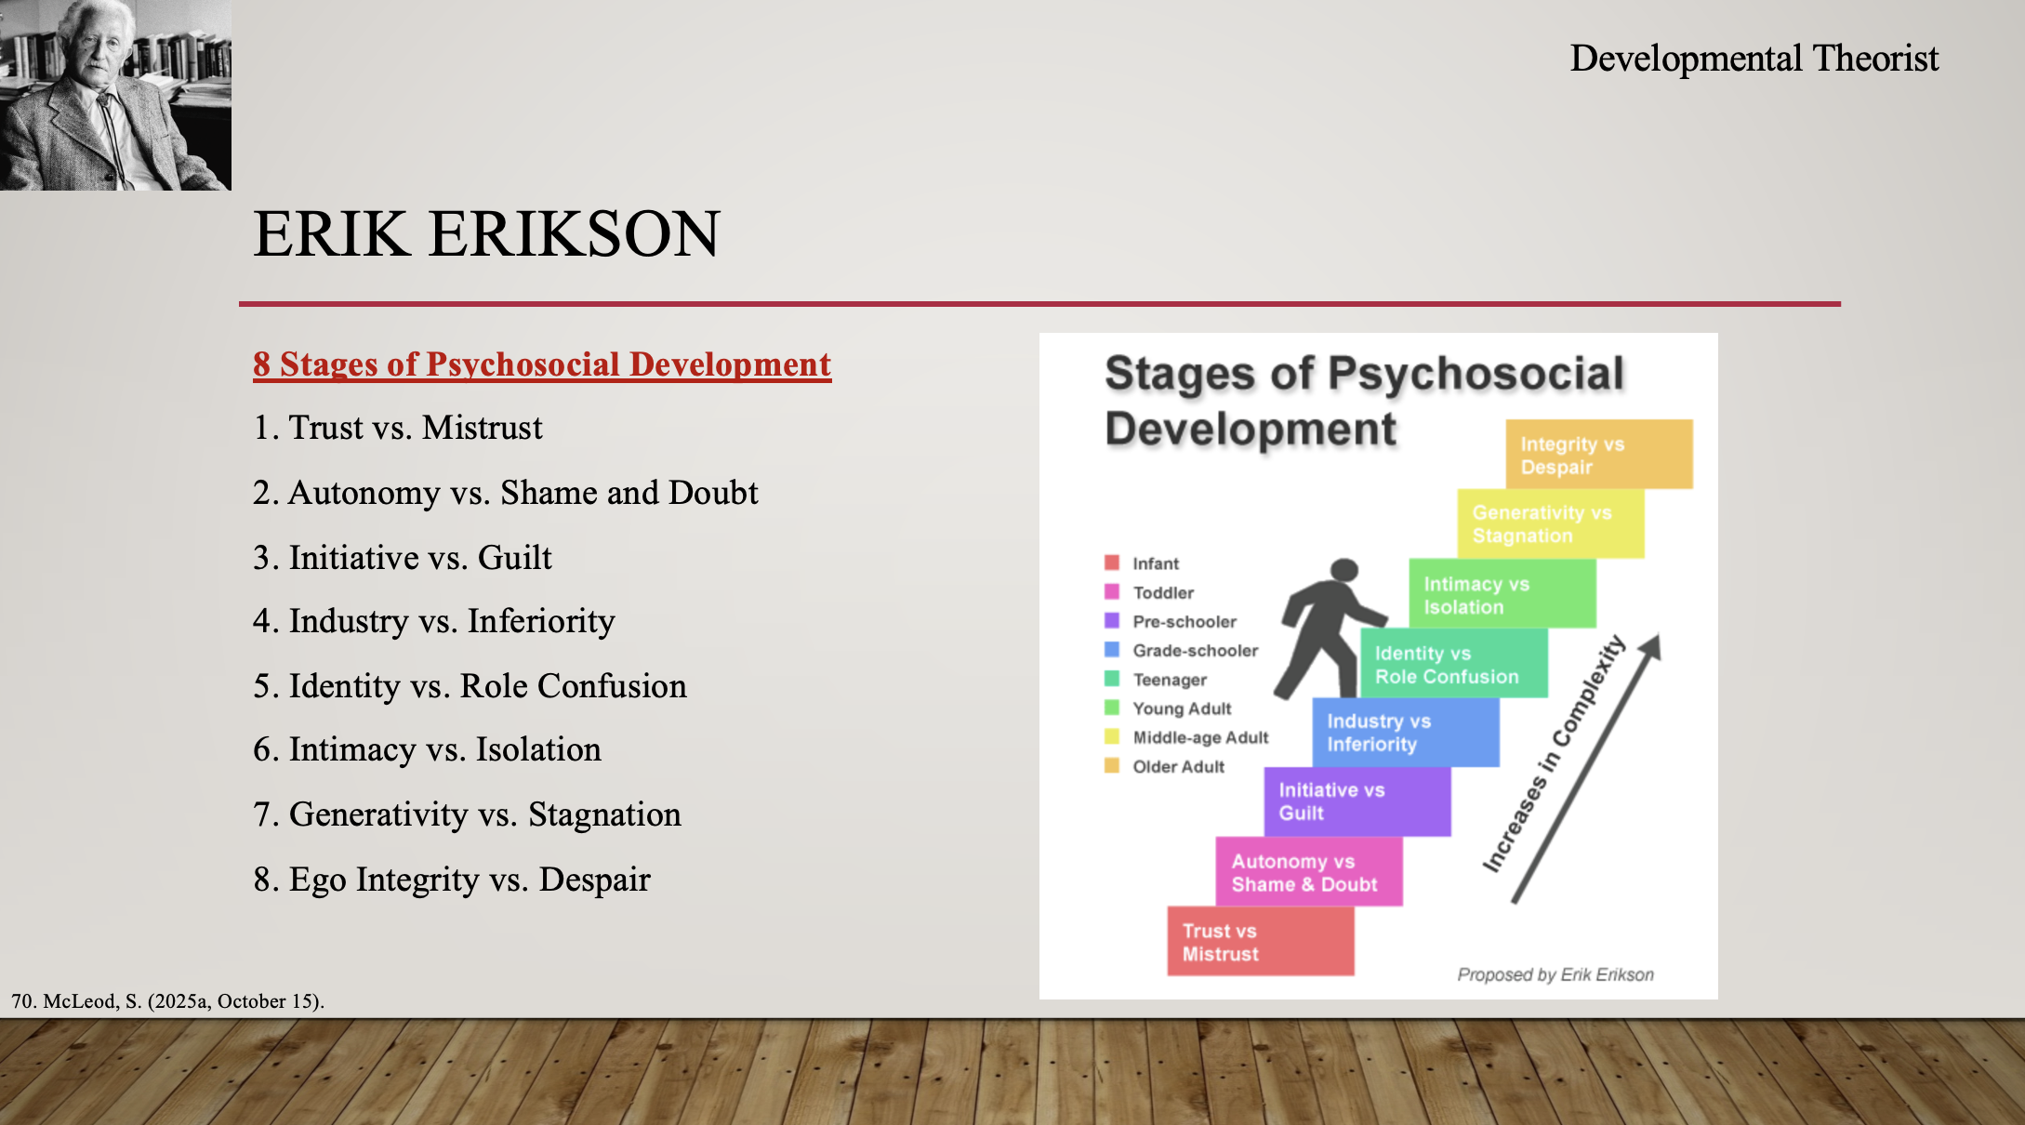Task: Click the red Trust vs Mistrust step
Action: pyautogui.click(x=1261, y=941)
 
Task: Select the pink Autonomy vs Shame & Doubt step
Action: pyautogui.click(x=1309, y=871)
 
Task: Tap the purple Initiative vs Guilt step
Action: pyautogui.click(x=1357, y=801)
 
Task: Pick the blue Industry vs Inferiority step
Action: pyautogui.click(x=1406, y=733)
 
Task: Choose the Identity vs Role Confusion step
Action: pyautogui.click(x=1454, y=663)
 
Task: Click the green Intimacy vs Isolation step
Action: pyautogui.click(x=1502, y=593)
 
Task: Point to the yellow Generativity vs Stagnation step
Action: pyautogui.click(x=1551, y=523)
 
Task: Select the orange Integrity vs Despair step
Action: pyautogui.click(x=1599, y=454)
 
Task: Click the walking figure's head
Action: pyautogui.click(x=1344, y=570)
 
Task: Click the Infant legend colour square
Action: pyautogui.click(x=1111, y=562)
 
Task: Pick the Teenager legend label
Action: pyautogui.click(x=1170, y=680)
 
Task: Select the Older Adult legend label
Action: pyautogui.click(x=1178, y=767)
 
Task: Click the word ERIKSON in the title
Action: pyautogui.click(x=574, y=233)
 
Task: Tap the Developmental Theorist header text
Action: pyautogui.click(x=1754, y=58)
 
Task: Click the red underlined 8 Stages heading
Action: pyautogui.click(x=542, y=364)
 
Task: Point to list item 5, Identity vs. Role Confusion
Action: pyautogui.click(x=470, y=686)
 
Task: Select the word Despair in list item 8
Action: pyautogui.click(x=594, y=880)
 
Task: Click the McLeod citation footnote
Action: pyautogui.click(x=167, y=1001)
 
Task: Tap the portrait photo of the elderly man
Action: pyautogui.click(x=115, y=95)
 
